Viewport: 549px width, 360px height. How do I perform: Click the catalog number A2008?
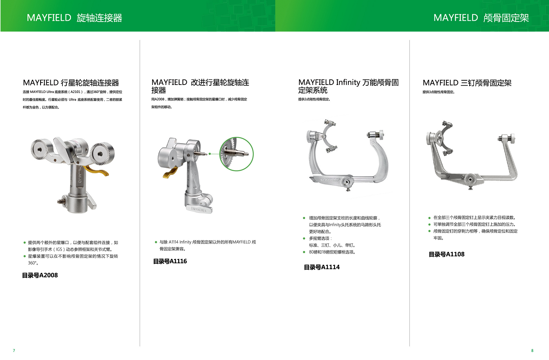pos(40,275)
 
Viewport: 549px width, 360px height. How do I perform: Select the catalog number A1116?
pos(170,261)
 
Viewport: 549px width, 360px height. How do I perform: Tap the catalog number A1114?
pos(321,267)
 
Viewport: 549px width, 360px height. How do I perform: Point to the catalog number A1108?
pos(446,254)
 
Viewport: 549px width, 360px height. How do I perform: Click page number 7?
pos(14,350)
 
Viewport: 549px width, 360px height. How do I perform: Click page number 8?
pos(532,350)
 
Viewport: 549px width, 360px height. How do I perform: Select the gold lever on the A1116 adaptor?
pos(170,172)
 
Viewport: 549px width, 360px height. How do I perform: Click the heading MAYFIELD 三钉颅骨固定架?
pos(467,83)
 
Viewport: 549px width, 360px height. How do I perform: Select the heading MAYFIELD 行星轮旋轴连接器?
pos(71,83)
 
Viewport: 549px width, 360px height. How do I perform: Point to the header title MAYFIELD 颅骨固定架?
pos(481,18)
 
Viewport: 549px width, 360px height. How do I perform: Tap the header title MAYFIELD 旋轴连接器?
pos(74,18)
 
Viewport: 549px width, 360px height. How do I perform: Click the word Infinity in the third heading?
pos(348,82)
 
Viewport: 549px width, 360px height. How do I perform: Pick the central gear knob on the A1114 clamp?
pos(347,182)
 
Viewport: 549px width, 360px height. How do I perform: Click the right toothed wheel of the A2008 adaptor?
pos(102,154)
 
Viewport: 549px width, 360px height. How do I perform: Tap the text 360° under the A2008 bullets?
pos(33,263)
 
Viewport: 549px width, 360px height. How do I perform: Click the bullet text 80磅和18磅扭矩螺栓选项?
pos(332,252)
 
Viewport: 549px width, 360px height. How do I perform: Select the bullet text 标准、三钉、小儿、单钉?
pos(332,245)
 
